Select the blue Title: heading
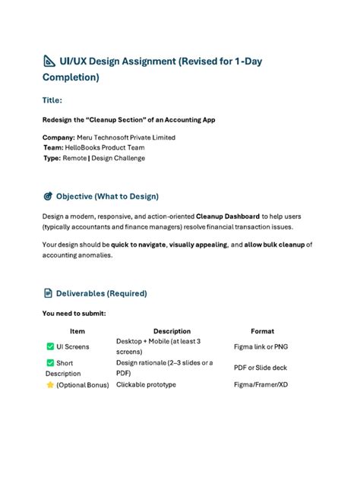click(x=52, y=99)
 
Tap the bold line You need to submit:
click(x=74, y=313)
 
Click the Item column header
click(x=77, y=331)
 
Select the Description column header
click(x=172, y=331)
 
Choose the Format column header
click(x=262, y=331)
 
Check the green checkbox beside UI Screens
click(x=50, y=346)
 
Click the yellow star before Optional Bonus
click(x=50, y=385)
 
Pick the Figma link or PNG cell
click(x=261, y=346)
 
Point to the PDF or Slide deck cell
click(x=261, y=368)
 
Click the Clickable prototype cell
click(x=146, y=385)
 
